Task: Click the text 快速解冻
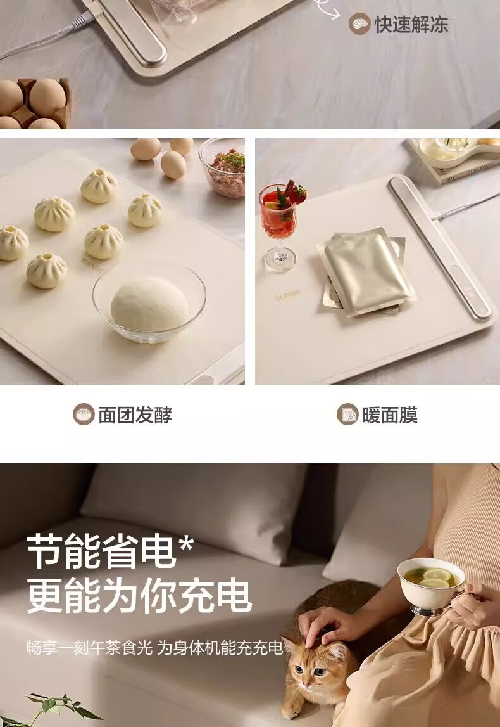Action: [411, 24]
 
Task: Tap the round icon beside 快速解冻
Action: [359, 23]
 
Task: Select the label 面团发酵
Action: [135, 415]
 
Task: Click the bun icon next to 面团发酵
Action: [84, 415]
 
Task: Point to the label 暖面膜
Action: [390, 415]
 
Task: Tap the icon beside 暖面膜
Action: [347, 415]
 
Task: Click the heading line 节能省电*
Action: [109, 551]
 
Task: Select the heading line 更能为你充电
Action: [139, 596]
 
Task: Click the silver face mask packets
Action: [366, 272]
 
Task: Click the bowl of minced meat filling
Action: [223, 167]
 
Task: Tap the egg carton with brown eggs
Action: [35, 103]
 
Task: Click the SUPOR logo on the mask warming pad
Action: [288, 295]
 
